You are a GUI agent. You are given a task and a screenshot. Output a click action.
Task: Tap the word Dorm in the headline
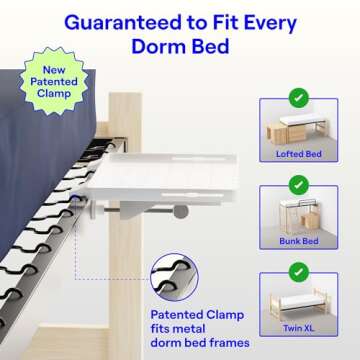pyautogui.click(x=157, y=47)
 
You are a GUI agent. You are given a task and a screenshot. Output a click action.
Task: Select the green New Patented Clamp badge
pyautogui.click(x=54, y=82)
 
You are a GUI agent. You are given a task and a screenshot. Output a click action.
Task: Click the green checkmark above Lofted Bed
pyautogui.click(x=299, y=98)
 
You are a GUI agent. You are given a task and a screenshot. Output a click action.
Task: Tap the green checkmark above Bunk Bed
pyautogui.click(x=299, y=185)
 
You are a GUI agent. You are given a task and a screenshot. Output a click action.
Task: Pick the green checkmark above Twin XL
pyautogui.click(x=299, y=272)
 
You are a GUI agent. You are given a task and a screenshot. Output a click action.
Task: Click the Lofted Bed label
pyautogui.click(x=299, y=154)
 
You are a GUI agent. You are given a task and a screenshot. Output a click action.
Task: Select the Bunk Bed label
pyautogui.click(x=299, y=241)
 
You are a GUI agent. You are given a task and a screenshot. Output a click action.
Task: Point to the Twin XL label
pyautogui.click(x=299, y=328)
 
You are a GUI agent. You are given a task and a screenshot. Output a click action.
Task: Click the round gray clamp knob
pyautogui.click(x=181, y=212)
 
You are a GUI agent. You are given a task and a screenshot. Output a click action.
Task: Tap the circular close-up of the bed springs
pyautogui.click(x=174, y=277)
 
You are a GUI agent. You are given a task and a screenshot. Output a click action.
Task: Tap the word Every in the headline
pyautogui.click(x=270, y=24)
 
